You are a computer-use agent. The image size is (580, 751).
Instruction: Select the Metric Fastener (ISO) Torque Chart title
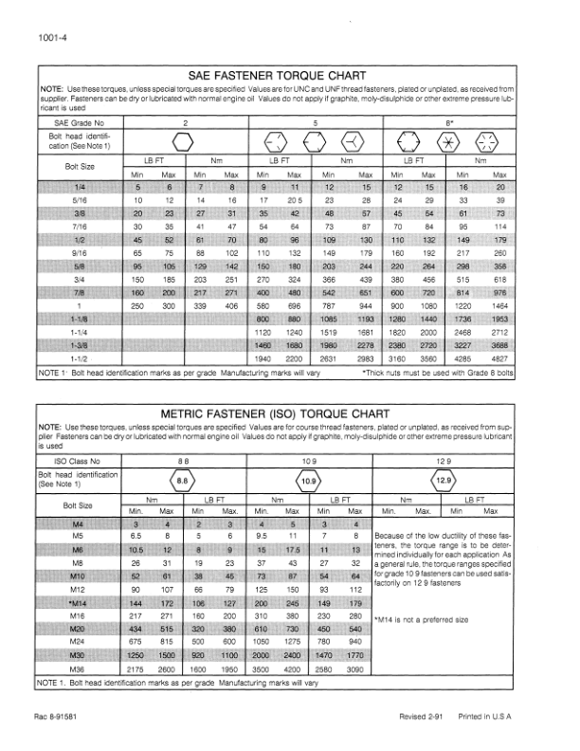[276, 413]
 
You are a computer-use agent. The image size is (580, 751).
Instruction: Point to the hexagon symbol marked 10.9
[308, 481]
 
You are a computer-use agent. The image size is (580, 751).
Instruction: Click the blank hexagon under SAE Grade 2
[184, 142]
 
